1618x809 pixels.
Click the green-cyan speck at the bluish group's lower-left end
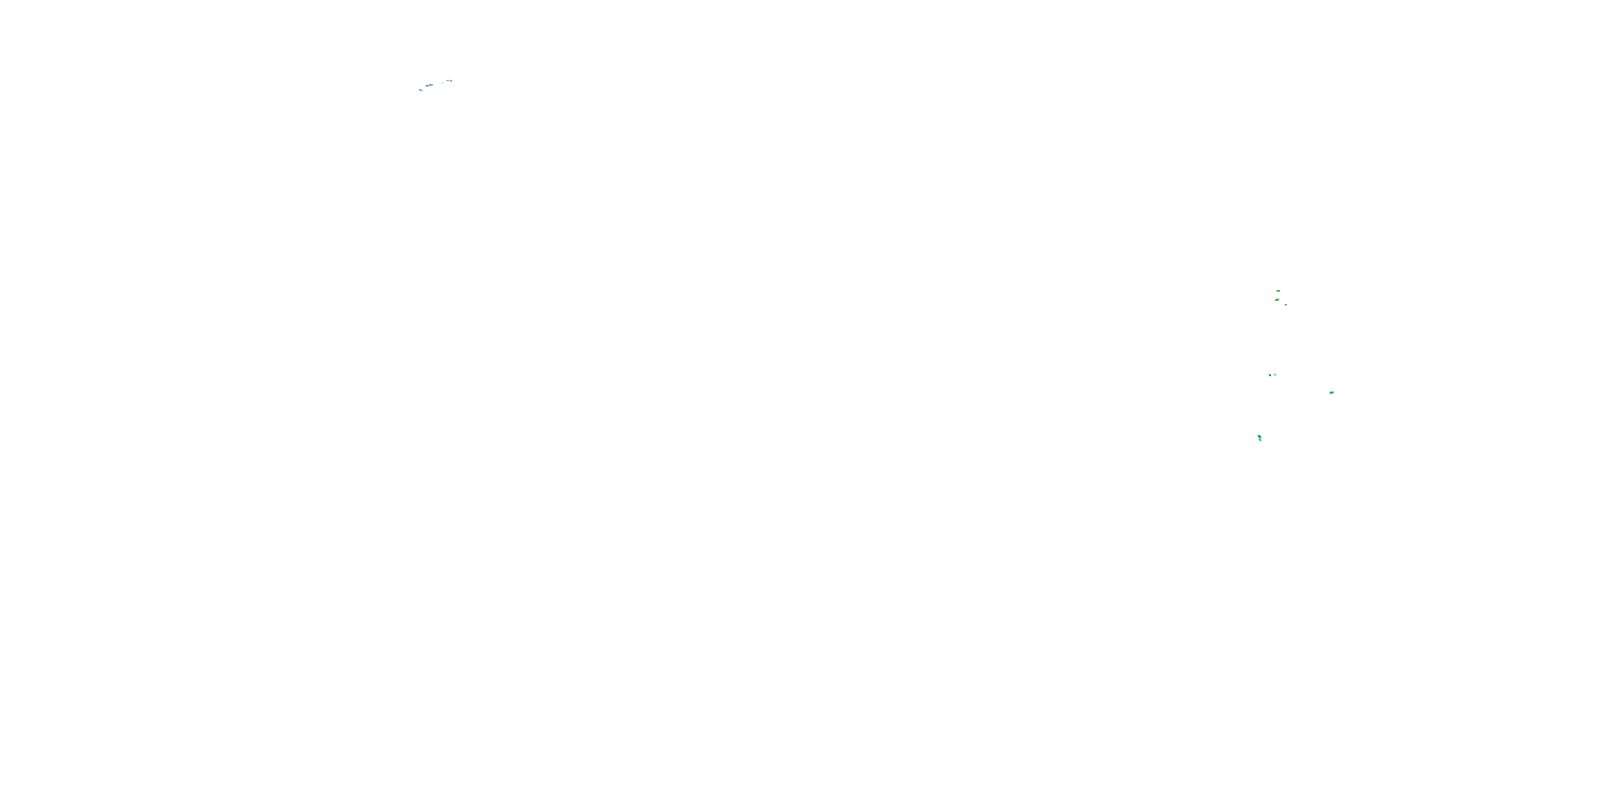click(x=420, y=90)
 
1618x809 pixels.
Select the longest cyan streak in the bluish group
click(x=430, y=85)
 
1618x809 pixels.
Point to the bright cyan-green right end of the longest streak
click(x=433, y=84)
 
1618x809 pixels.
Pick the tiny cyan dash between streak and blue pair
click(x=443, y=83)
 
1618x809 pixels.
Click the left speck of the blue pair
click(x=448, y=81)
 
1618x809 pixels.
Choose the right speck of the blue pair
click(x=451, y=81)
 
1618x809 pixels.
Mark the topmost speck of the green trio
click(x=1278, y=291)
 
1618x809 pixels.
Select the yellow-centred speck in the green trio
click(x=1277, y=300)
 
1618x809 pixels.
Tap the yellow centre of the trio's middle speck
click(x=1277, y=300)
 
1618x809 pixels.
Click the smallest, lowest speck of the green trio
click(x=1286, y=305)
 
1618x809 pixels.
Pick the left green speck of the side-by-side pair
click(x=1270, y=375)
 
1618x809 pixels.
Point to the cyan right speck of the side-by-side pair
click(x=1274, y=374)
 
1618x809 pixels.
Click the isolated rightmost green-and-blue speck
click(x=1332, y=393)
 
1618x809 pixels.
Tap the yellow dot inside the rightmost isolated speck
click(x=1331, y=393)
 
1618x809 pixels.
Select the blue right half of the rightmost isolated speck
click(x=1333, y=393)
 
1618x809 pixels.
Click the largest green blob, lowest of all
click(x=1259, y=438)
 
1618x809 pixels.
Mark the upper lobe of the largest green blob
click(x=1259, y=436)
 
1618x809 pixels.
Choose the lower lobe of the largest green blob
click(x=1260, y=440)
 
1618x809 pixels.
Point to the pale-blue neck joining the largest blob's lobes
click(x=1259, y=438)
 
